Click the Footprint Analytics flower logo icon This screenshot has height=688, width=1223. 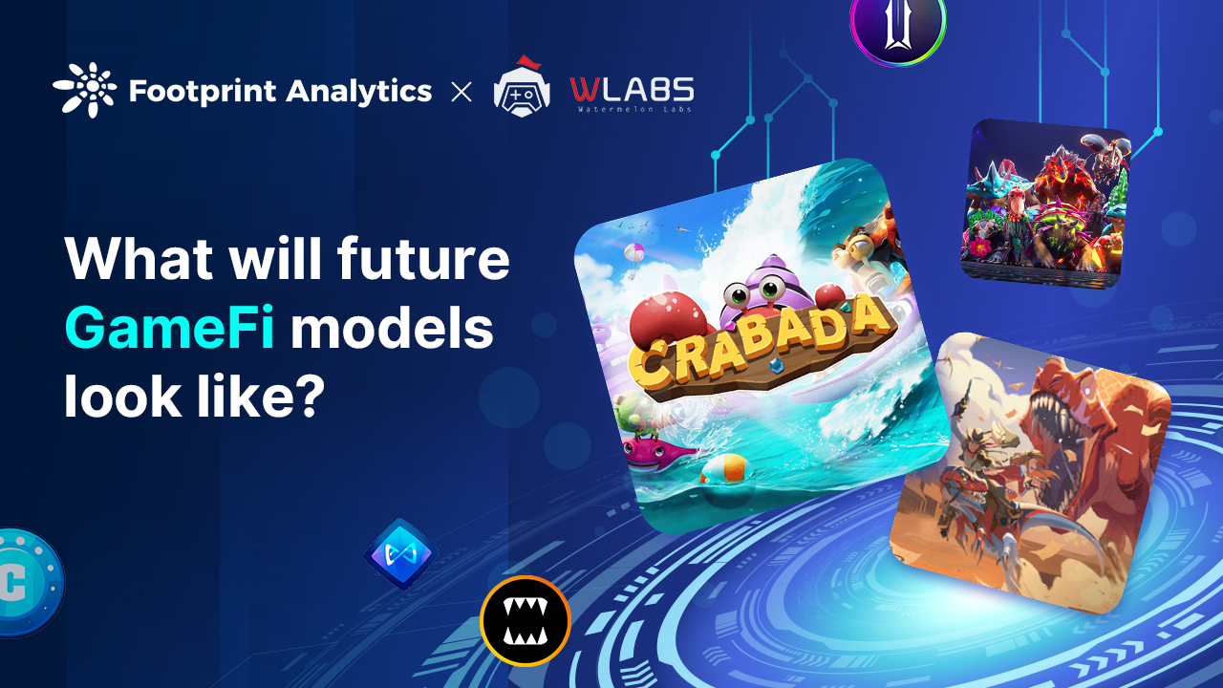point(85,90)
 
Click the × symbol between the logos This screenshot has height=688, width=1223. point(461,92)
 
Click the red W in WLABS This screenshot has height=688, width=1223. point(586,90)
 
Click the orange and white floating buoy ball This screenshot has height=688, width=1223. point(722,469)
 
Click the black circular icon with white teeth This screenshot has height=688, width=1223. point(525,620)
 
